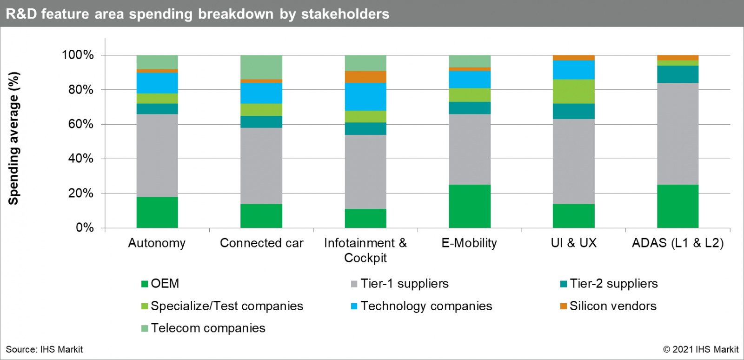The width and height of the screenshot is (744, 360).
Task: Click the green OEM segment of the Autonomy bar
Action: pyautogui.click(x=157, y=212)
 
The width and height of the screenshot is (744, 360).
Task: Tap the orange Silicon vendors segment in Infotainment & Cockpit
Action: pyautogui.click(x=365, y=77)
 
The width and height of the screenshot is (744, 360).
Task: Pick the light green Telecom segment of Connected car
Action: pyautogui.click(x=261, y=67)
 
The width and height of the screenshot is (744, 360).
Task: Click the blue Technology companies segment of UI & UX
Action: pyautogui.click(x=573, y=70)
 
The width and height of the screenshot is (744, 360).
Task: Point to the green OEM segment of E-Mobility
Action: pyautogui.click(x=470, y=206)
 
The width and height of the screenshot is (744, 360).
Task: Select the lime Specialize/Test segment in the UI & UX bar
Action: pyautogui.click(x=573, y=91)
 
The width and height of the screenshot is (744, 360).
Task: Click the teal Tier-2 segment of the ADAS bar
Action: pyautogui.click(x=678, y=74)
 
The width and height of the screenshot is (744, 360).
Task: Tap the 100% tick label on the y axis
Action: pyautogui.click(x=78, y=55)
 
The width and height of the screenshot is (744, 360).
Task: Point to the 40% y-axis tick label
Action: pyautogui.click(x=81, y=159)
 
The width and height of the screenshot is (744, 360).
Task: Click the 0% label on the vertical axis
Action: pyautogui.click(x=85, y=227)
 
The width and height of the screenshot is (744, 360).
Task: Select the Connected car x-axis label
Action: pyautogui.click(x=261, y=243)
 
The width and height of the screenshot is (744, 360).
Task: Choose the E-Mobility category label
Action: pyautogui.click(x=469, y=243)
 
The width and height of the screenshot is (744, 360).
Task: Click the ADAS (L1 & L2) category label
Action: pyautogui.click(x=678, y=243)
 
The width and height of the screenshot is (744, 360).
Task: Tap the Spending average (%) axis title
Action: pyautogui.click(x=13, y=138)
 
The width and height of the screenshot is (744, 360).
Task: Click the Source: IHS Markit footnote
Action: pyautogui.click(x=44, y=349)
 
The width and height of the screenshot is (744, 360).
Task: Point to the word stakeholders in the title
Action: pyautogui.click(x=345, y=14)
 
